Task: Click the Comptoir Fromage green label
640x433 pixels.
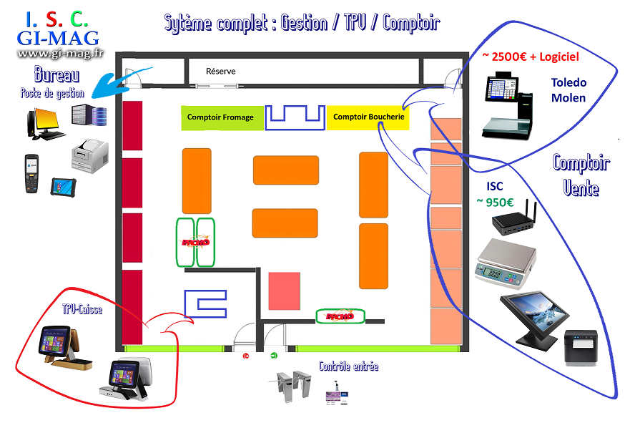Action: pyautogui.click(x=220, y=117)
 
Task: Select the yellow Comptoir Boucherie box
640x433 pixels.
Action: pyautogui.click(x=368, y=117)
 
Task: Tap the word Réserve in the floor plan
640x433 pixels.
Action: pyautogui.click(x=220, y=71)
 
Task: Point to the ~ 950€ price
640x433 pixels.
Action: pyautogui.click(x=501, y=202)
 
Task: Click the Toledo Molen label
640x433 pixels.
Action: pyautogui.click(x=568, y=90)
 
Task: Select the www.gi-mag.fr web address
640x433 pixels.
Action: pyautogui.click(x=61, y=53)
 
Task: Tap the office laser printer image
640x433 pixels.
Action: pyautogui.click(x=90, y=152)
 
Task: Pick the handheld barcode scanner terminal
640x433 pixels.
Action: pyautogui.click(x=31, y=172)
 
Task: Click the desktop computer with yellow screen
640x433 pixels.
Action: pyautogui.click(x=44, y=122)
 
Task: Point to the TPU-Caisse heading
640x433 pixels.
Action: pyautogui.click(x=83, y=311)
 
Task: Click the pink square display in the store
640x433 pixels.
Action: pyautogui.click(x=284, y=291)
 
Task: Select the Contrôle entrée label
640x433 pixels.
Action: pyautogui.click(x=348, y=366)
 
